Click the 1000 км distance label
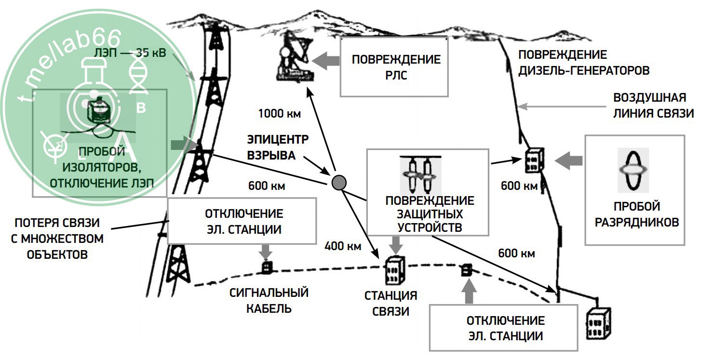[x=280, y=114]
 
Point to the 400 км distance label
[x=343, y=246]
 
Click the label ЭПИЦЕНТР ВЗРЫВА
[x=278, y=147]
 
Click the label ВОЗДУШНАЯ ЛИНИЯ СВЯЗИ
[x=653, y=106]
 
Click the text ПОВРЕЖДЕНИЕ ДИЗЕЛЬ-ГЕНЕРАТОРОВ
[x=583, y=63]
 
